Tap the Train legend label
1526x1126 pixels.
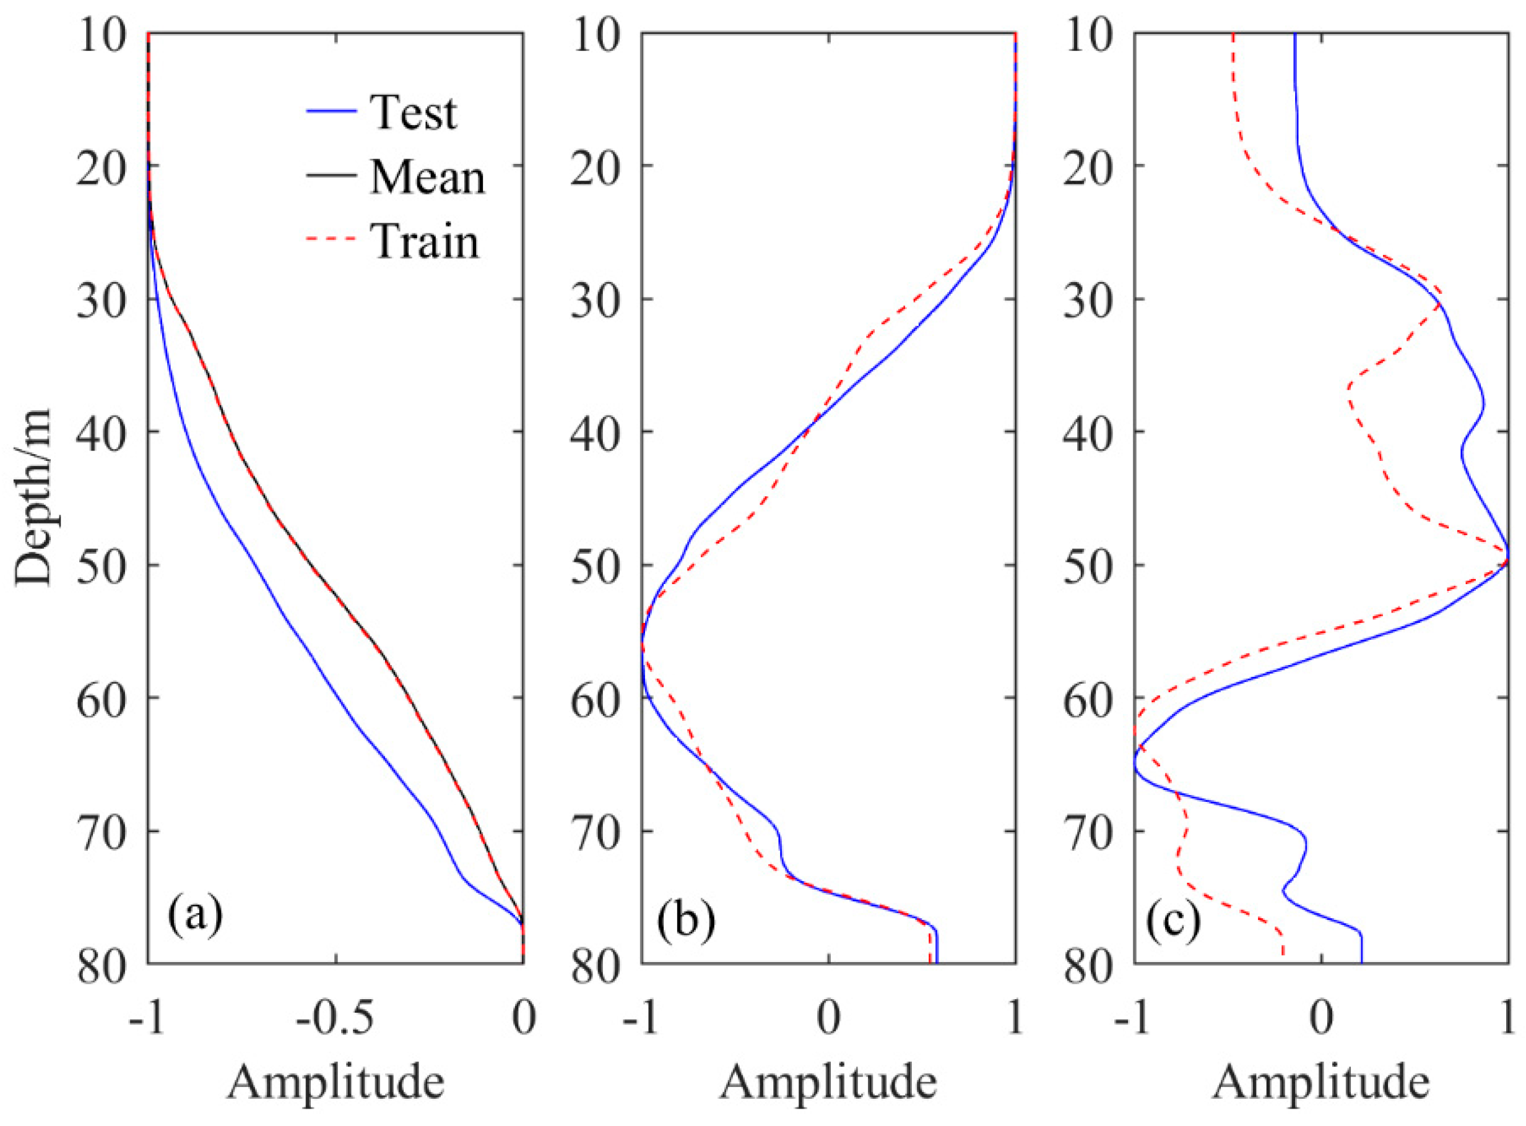(x=425, y=242)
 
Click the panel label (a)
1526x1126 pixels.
(x=195, y=916)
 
